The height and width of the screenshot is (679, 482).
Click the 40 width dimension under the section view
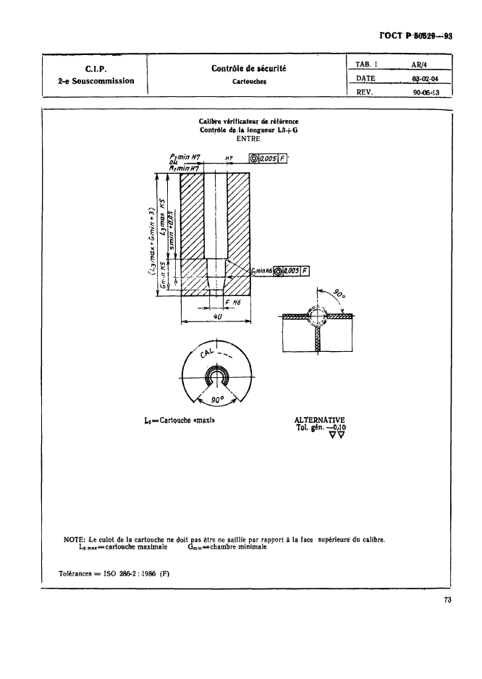(216, 317)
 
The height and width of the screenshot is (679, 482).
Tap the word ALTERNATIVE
(319, 419)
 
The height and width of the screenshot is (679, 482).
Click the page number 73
(447, 599)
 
